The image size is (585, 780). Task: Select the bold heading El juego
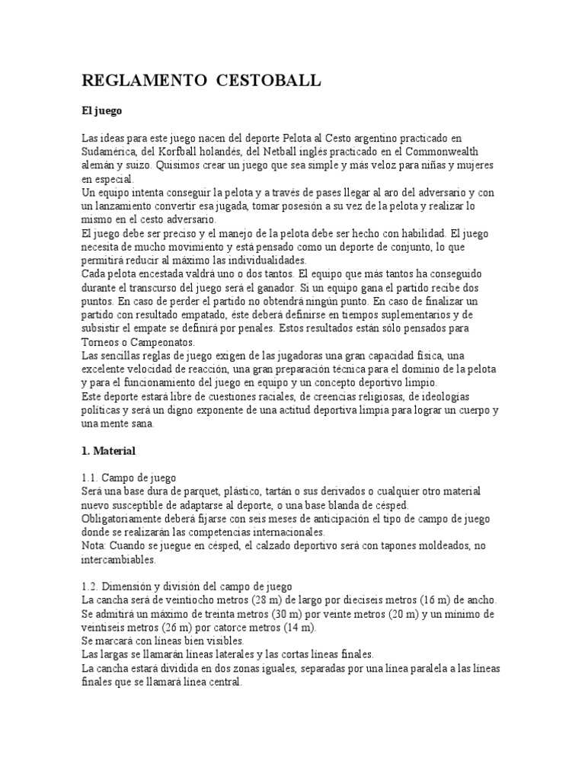click(102, 110)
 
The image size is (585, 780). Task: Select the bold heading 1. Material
click(108, 451)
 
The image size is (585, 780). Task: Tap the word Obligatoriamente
click(126, 519)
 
